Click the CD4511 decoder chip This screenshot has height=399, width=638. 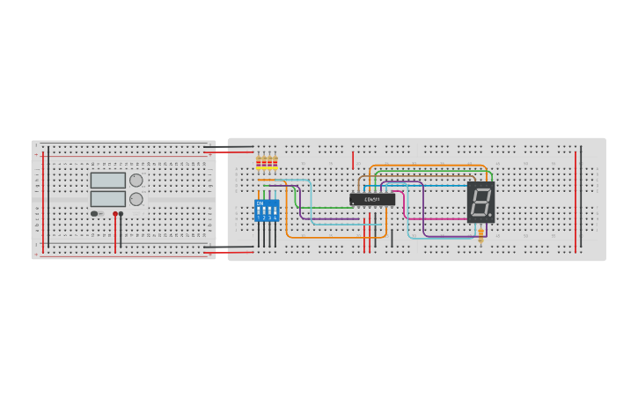tap(372, 200)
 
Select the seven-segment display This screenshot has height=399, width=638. tap(480, 202)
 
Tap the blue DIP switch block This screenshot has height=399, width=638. tap(267, 210)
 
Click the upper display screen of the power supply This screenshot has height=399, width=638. tap(107, 181)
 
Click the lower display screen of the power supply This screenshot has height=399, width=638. tap(107, 199)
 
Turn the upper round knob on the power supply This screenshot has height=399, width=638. tap(136, 181)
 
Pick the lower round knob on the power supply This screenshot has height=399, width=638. tap(136, 199)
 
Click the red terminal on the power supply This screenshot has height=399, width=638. tap(114, 213)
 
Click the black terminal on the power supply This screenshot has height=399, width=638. tap(121, 213)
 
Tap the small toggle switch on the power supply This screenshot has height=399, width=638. tap(95, 213)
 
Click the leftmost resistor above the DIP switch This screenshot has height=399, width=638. tap(259, 162)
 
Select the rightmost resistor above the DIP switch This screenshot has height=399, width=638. tap(275, 162)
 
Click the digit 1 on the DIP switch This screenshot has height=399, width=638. tap(259, 217)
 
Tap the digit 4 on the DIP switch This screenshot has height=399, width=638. tap(275, 217)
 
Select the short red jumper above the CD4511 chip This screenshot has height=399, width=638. tap(353, 159)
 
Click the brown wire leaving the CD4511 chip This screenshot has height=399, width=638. tap(358, 182)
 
